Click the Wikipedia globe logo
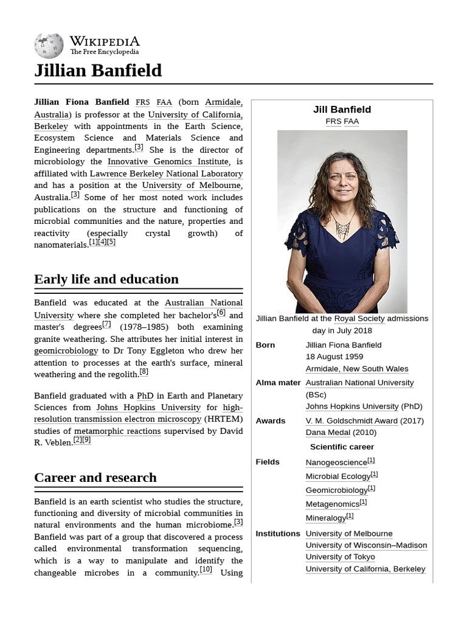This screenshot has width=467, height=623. pyautogui.click(x=49, y=46)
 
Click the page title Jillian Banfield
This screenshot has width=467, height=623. pyautogui.click(x=98, y=71)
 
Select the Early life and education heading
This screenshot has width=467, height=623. pyautogui.click(x=106, y=279)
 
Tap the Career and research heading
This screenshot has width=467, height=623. pyautogui.click(x=95, y=478)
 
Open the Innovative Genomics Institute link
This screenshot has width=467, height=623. pyautogui.click(x=168, y=161)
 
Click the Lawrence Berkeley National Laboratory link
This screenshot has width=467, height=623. pyautogui.click(x=166, y=173)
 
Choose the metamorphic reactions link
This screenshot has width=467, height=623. pyautogui.click(x=117, y=431)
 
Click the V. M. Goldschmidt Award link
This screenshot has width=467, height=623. pyautogui.click(x=351, y=420)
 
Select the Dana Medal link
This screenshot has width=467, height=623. pyautogui.click(x=332, y=433)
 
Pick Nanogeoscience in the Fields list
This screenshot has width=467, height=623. pyautogui.click(x=336, y=462)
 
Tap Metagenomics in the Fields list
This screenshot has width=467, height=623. pyautogui.click(x=333, y=504)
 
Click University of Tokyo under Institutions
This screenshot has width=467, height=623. pyautogui.click(x=340, y=557)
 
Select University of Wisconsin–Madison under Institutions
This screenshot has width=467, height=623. pyautogui.click(x=366, y=545)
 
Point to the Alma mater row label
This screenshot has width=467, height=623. pyautogui.click(x=278, y=383)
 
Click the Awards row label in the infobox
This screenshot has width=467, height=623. pyautogui.click(x=270, y=420)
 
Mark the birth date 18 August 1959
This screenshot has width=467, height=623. pyautogui.click(x=334, y=357)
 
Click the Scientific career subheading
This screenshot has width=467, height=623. pyautogui.click(x=342, y=447)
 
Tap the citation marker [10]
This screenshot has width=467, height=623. pyautogui.click(x=206, y=570)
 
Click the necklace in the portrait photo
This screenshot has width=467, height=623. pyautogui.click(x=342, y=229)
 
